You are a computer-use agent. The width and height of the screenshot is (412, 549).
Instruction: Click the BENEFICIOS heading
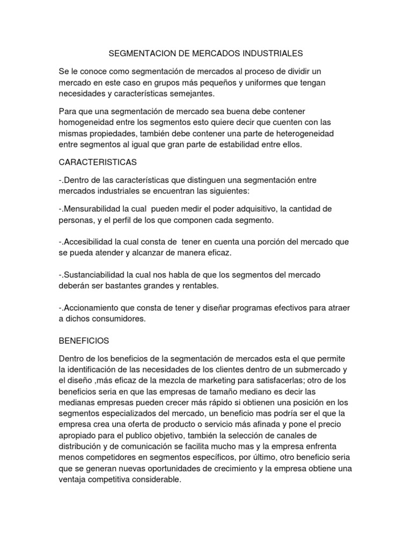(84, 340)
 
